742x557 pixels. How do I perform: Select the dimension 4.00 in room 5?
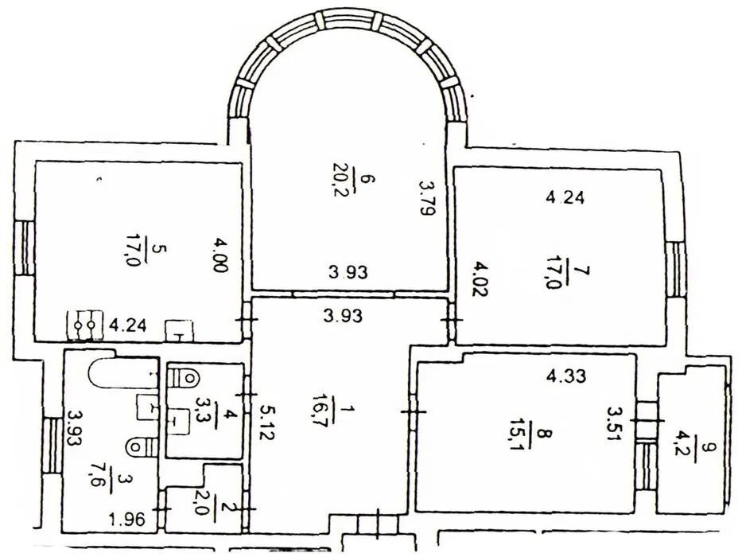tap(220, 255)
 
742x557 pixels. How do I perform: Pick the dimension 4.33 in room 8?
tap(566, 376)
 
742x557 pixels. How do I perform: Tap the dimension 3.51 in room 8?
tap(616, 424)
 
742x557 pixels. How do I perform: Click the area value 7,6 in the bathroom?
tap(98, 479)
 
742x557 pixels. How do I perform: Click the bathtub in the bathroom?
tap(124, 372)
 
